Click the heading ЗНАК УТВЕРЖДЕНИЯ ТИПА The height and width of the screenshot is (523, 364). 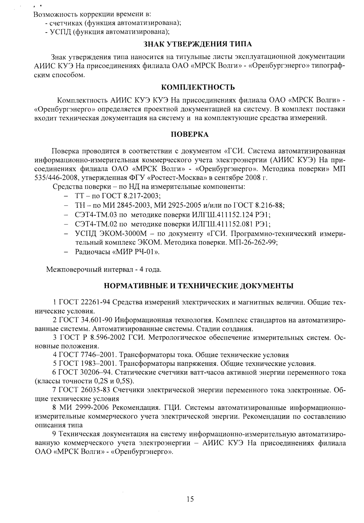pos(198,44)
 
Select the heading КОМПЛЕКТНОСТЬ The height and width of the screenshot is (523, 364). pos(198,88)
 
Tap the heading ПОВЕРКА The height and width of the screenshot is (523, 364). pos(190,134)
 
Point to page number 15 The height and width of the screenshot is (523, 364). pos(190,499)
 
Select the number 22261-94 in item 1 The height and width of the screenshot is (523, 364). pos(96,302)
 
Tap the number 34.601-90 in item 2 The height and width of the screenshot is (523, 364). pos(97,320)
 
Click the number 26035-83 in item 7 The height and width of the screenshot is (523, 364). pos(96,390)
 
